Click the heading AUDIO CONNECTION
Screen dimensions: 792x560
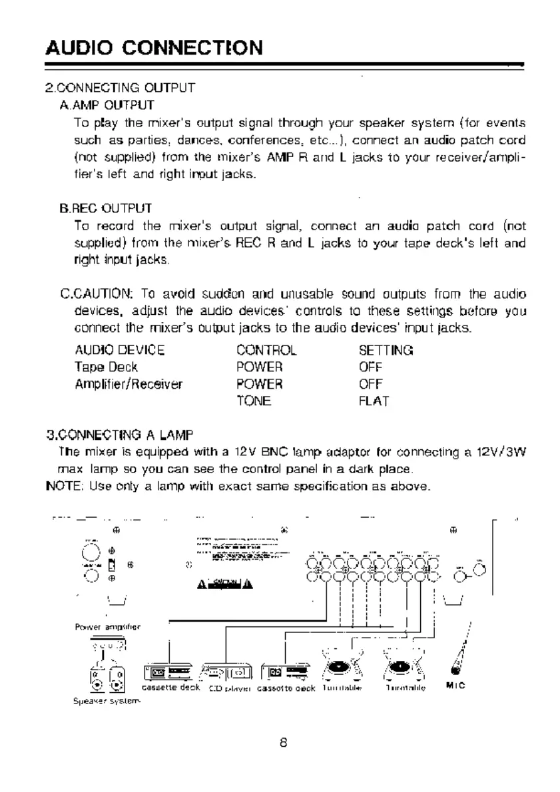click(153, 47)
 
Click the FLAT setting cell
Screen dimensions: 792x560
click(374, 401)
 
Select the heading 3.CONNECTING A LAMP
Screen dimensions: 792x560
click(118, 436)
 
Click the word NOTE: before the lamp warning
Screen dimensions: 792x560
click(60, 486)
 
